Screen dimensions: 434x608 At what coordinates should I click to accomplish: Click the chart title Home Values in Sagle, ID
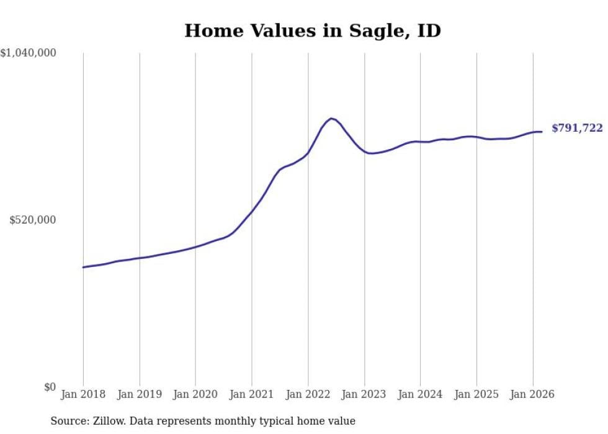point(312,30)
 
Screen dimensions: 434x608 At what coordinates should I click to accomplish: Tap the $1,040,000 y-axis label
point(29,54)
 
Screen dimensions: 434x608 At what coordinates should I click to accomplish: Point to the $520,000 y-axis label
point(32,220)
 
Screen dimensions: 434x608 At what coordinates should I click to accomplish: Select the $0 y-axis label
point(50,387)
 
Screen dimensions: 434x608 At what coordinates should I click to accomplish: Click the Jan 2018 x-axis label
point(83,395)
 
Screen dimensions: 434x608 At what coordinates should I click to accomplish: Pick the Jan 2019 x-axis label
point(140,395)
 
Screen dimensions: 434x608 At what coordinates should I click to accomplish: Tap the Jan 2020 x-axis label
point(195,395)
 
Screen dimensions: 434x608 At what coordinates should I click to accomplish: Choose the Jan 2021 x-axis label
point(252,395)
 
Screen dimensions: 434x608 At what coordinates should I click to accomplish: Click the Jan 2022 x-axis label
point(308,395)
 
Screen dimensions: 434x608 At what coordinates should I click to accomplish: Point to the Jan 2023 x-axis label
point(364,395)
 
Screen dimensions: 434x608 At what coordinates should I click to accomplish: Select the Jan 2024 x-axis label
point(420,395)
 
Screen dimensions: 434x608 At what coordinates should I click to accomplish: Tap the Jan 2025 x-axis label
point(476,395)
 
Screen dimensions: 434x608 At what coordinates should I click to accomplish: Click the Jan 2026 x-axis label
point(532,395)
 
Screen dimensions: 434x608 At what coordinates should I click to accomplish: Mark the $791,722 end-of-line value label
point(577,129)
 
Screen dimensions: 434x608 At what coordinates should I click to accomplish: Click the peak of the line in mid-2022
point(331,118)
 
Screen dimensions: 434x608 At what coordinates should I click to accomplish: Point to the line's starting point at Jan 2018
point(83,267)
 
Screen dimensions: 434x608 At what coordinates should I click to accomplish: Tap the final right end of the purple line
point(542,132)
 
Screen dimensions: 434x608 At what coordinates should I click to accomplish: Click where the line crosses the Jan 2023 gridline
point(364,151)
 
